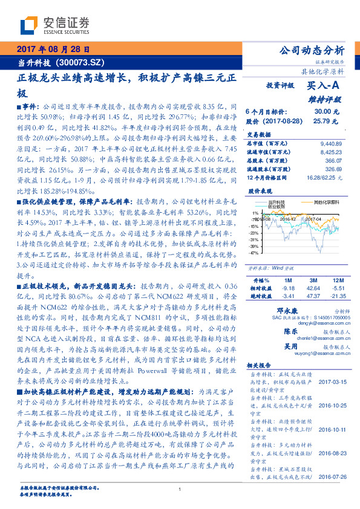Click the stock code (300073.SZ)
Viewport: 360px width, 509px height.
80,62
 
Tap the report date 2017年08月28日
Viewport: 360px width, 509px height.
53,48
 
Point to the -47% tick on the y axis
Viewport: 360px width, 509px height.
254,253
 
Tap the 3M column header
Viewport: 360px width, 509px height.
314,281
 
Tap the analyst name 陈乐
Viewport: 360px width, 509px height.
290,332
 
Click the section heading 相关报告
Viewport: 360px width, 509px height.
261,366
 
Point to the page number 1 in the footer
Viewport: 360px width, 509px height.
180,490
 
